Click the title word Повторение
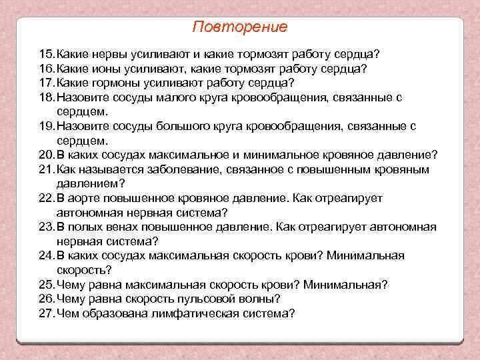(239, 27)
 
